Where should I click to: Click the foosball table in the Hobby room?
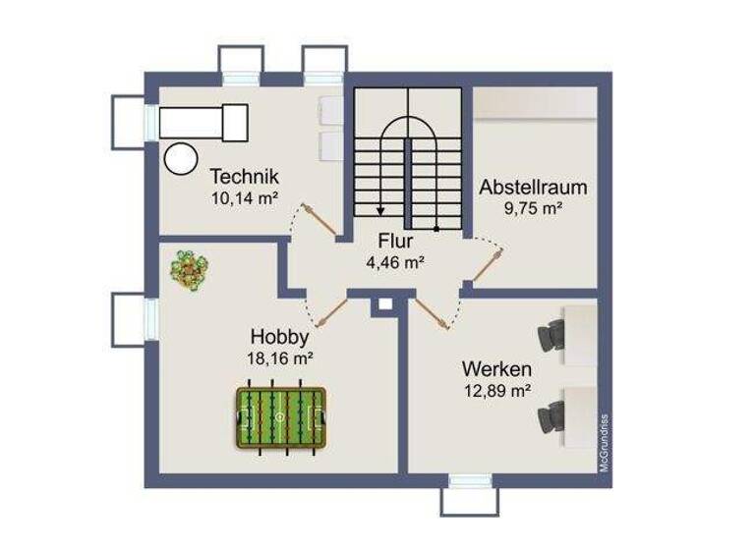[281, 419]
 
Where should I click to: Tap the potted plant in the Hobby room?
[189, 269]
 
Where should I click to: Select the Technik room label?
[245, 177]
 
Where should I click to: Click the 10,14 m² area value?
[245, 196]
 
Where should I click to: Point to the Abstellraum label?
[533, 187]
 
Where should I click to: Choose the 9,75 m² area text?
[533, 207]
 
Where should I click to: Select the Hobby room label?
[279, 338]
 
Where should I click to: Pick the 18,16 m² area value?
[280, 358]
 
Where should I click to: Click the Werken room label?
[497, 370]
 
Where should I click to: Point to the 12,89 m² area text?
[497, 391]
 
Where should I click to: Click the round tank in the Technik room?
[180, 158]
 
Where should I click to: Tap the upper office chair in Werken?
[550, 335]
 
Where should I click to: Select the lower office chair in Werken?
[550, 417]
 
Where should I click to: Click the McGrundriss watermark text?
[605, 442]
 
